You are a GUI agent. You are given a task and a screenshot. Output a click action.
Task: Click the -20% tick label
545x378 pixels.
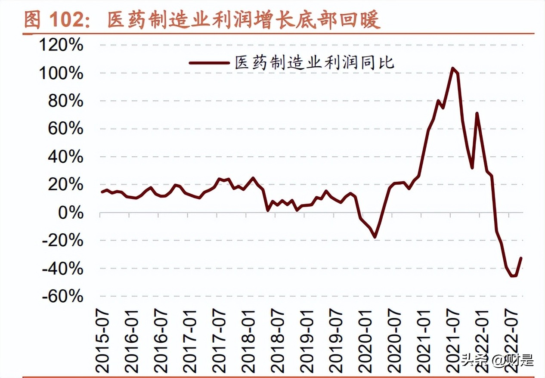point(62,241)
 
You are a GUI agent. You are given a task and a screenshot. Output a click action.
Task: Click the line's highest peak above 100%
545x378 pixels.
point(452,68)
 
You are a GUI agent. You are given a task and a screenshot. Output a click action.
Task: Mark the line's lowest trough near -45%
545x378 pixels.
point(513,276)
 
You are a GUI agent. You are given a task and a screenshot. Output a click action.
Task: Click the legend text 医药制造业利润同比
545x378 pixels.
point(315,63)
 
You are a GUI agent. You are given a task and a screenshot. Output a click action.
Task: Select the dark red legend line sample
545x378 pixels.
point(209,63)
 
